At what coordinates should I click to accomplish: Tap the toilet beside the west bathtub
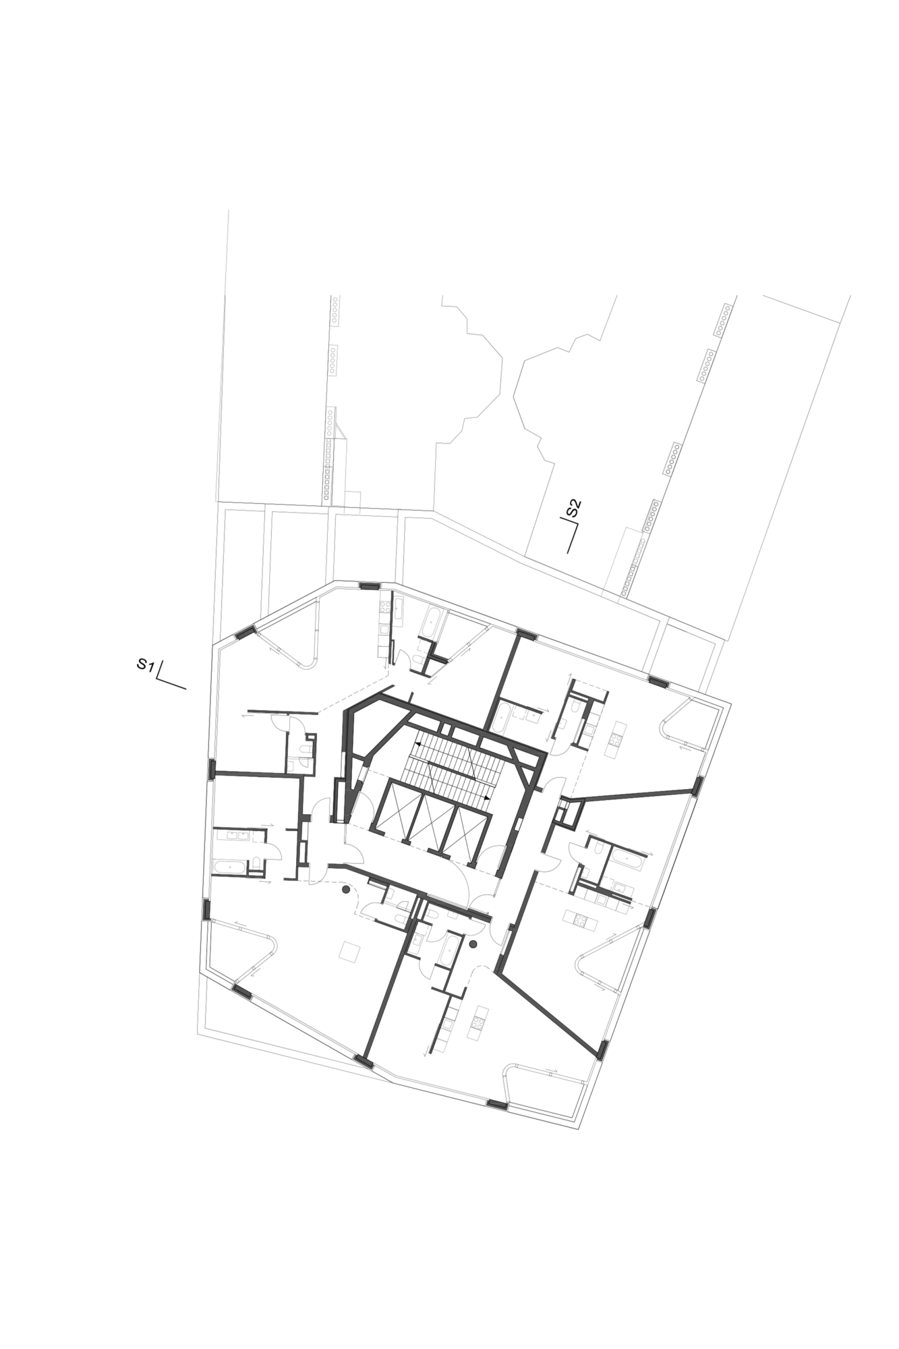point(256,864)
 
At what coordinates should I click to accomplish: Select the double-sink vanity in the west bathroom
point(240,835)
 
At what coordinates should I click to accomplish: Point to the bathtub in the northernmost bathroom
point(430,622)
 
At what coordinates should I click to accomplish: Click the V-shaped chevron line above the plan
point(518,395)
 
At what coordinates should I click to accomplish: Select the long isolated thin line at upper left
point(223,355)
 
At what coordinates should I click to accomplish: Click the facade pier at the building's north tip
point(369,585)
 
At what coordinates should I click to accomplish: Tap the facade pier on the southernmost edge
point(497,1105)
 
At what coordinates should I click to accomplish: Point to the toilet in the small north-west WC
point(304,749)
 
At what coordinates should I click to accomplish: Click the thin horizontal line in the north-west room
point(282,712)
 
